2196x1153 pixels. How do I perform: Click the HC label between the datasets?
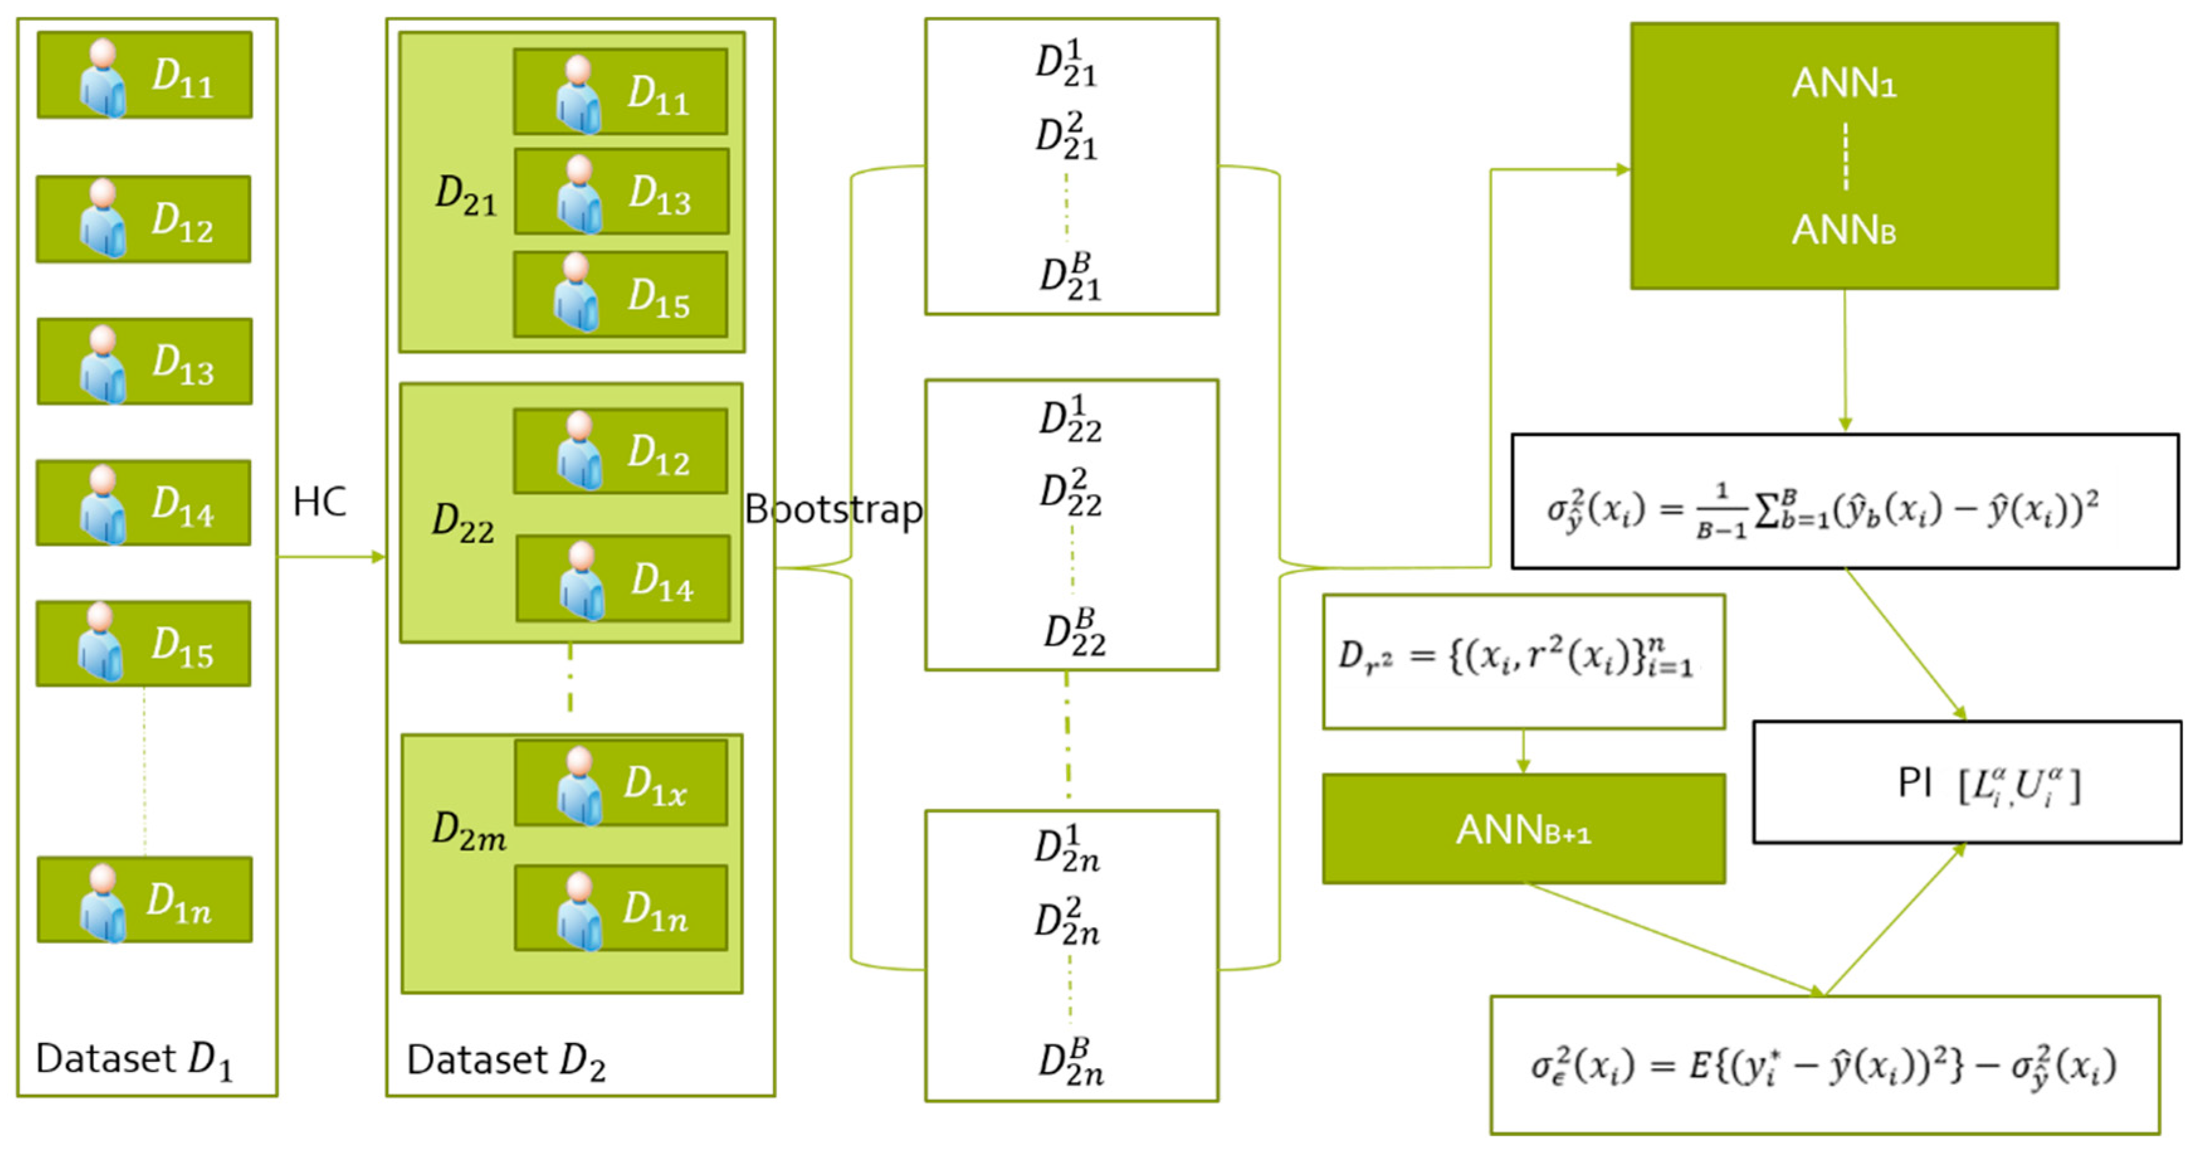(319, 503)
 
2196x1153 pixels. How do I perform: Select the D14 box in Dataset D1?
(143, 503)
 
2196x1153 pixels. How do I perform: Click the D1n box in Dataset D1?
(144, 899)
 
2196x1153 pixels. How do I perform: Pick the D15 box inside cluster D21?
(621, 294)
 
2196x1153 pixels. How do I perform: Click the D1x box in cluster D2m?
(621, 781)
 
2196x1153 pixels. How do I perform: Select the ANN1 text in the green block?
(1843, 84)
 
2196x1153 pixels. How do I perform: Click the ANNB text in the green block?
(1843, 230)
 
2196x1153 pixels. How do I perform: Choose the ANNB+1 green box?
(1523, 829)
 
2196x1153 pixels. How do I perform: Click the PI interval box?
(1966, 782)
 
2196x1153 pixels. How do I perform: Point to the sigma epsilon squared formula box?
(1824, 1064)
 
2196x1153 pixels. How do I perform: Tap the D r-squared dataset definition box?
(1523, 661)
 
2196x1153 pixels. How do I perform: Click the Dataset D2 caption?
(506, 1061)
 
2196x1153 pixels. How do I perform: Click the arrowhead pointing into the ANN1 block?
(1622, 170)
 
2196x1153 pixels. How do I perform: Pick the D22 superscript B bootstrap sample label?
(1074, 633)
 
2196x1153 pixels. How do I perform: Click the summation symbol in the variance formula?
(1762, 511)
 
